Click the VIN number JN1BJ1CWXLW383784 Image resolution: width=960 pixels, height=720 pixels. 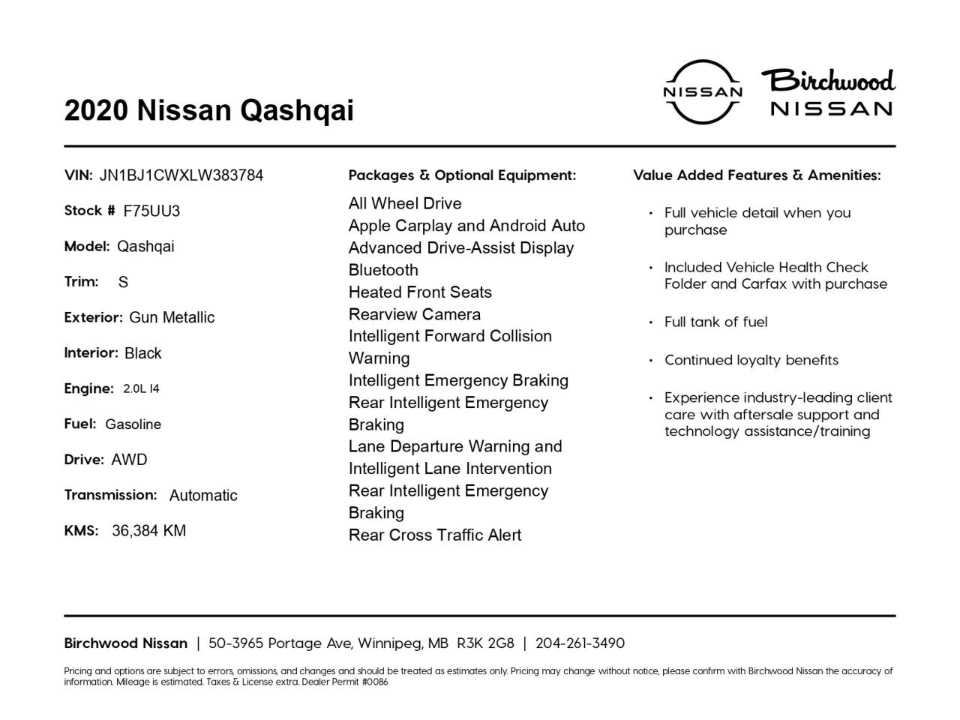[181, 175]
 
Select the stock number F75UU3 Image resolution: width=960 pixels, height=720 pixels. [151, 211]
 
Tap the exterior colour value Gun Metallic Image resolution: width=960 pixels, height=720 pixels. [172, 318]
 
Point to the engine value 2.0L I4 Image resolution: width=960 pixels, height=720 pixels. [141, 388]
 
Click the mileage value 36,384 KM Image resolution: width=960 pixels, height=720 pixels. [148, 531]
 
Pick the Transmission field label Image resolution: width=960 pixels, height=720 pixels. [110, 495]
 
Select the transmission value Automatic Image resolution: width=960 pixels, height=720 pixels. [203, 496]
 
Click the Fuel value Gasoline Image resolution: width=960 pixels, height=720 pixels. [133, 424]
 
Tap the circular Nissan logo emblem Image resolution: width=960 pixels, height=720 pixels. [703, 91]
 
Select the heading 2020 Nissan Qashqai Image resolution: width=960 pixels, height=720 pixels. [208, 110]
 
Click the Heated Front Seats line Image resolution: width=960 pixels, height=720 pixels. [420, 292]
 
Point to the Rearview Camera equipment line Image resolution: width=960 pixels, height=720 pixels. [415, 314]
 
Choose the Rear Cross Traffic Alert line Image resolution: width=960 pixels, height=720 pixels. [435, 535]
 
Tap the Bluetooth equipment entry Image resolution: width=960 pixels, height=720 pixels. [383, 270]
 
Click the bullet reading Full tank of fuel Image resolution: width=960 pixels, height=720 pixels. [715, 322]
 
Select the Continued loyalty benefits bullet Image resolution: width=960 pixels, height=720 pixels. [751, 360]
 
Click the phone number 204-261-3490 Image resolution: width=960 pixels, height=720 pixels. [580, 643]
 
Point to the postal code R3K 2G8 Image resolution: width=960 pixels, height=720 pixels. [485, 643]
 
